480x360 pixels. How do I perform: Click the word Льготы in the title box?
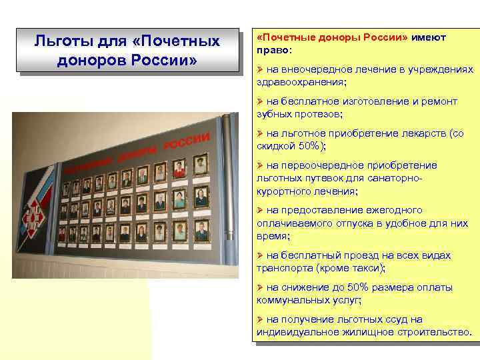pos(59,41)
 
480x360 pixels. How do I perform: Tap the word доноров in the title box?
pos(83,59)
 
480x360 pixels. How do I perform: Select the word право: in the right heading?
pos(274,49)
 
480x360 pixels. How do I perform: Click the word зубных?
pos(273,113)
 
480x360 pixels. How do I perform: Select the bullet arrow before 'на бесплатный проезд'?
pos(260,255)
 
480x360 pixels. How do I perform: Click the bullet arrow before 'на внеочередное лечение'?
pos(260,69)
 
